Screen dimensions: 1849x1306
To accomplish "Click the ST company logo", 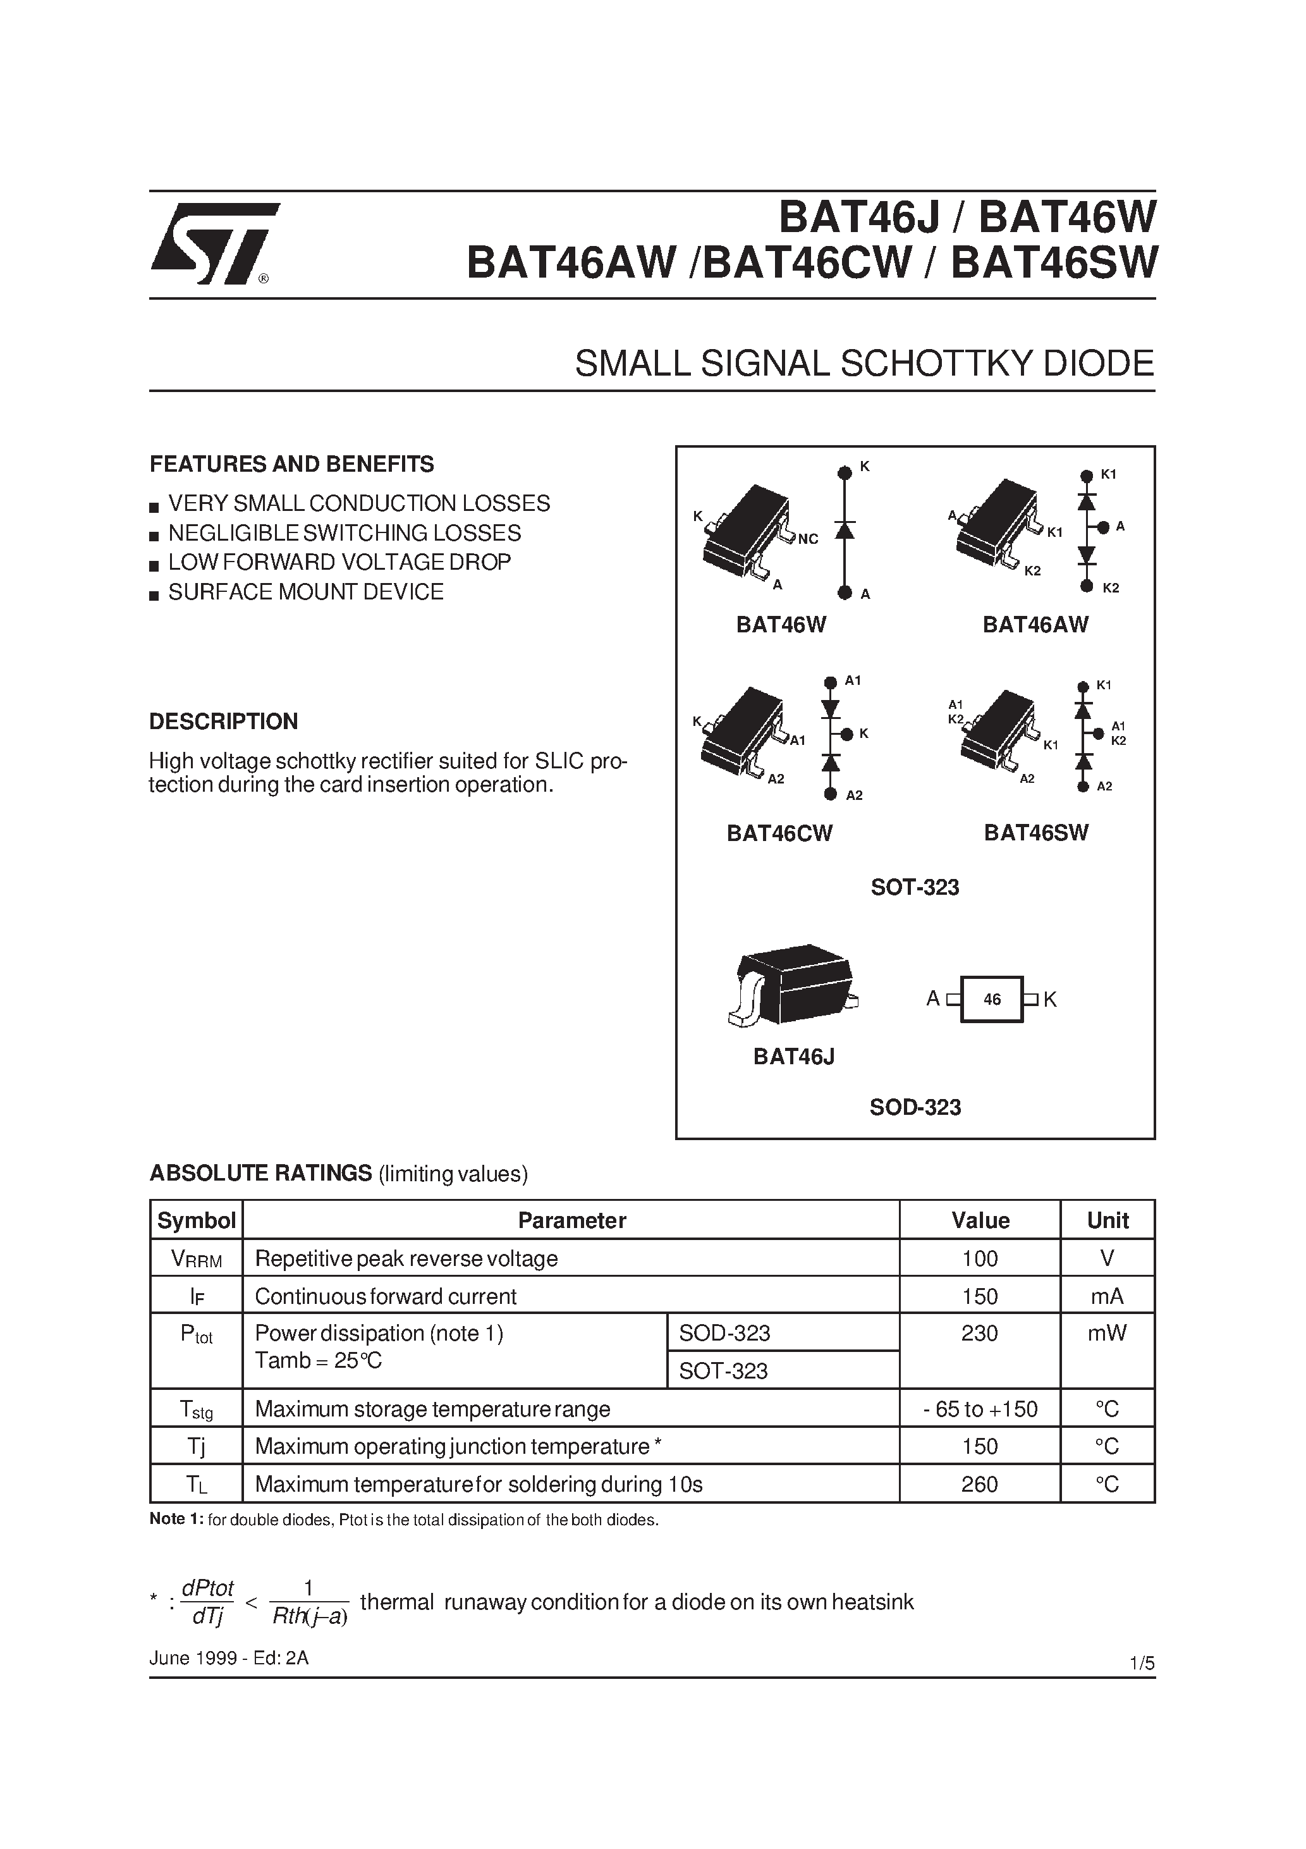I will [214, 243].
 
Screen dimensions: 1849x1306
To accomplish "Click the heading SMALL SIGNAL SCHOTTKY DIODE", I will [864, 364].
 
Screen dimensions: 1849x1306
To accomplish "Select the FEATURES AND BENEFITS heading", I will [291, 464].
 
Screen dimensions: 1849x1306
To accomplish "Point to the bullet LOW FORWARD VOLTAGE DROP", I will [339, 562].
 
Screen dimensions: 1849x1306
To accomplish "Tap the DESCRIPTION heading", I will [223, 721].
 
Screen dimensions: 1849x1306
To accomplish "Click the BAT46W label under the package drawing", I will [781, 625].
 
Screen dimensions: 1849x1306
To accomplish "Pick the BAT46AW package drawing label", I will [1035, 625].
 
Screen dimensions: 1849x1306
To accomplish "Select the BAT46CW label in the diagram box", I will [779, 833].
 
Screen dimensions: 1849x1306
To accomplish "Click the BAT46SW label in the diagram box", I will [1035, 833].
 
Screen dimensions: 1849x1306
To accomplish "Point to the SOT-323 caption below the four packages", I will [915, 887].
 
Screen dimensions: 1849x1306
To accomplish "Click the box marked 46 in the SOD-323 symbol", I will [992, 999].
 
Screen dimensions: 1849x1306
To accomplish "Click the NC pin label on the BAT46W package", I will [808, 539].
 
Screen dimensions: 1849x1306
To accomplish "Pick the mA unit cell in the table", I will [1107, 1296].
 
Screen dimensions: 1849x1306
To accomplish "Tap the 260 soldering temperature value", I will [980, 1483].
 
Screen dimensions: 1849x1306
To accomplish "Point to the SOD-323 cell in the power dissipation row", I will [724, 1333].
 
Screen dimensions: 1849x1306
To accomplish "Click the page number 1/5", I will [1142, 1663].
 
